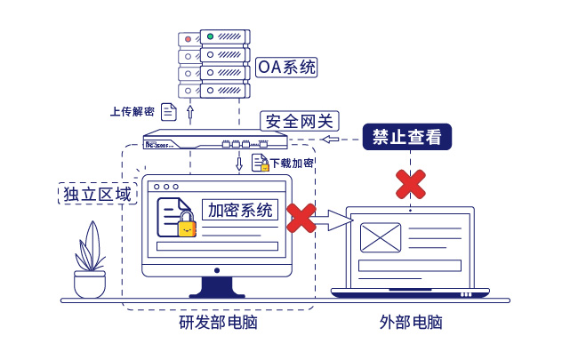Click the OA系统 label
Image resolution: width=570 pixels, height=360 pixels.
pos(286,67)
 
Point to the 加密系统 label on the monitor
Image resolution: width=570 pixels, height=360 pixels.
pos(240,211)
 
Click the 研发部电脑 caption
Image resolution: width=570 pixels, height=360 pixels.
pos(219,322)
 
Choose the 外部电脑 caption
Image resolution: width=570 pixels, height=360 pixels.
pos(410,322)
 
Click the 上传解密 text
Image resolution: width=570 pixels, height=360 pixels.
pos(132,112)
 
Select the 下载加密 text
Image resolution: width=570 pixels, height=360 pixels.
pos(292,164)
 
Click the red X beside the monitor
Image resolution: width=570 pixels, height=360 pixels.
pos(301,218)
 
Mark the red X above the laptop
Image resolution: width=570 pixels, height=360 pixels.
pos(410,184)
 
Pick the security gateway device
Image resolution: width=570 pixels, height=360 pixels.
pos(216,140)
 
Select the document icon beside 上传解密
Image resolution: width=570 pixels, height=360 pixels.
pos(169,112)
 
